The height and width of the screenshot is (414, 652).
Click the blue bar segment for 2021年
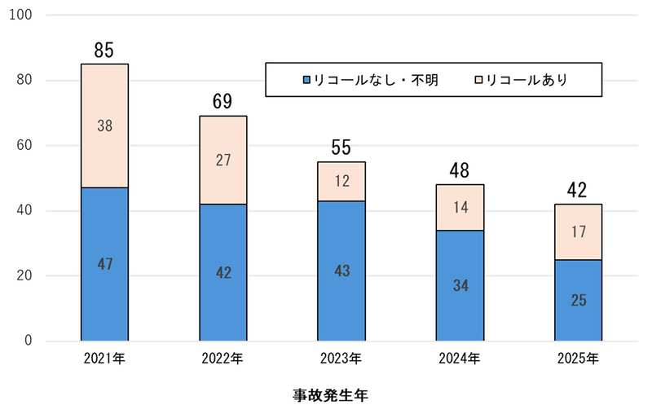tap(104, 263)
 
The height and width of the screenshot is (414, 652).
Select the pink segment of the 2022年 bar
tap(222, 160)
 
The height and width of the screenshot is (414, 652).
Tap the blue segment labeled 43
tap(341, 270)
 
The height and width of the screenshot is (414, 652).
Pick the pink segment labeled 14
tap(460, 207)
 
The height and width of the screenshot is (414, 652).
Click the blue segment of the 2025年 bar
tap(578, 300)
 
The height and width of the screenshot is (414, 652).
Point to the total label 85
tap(104, 51)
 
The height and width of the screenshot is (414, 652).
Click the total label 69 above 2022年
tap(222, 103)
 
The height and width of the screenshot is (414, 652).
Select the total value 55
tap(341, 148)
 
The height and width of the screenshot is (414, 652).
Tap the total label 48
tap(460, 171)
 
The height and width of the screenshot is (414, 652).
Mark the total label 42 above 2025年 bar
tap(578, 191)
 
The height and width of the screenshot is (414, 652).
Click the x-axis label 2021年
tap(104, 359)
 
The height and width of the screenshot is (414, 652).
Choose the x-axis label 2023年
tap(341, 359)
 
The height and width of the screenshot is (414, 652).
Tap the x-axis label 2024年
tap(460, 359)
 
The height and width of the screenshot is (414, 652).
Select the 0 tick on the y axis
tap(29, 341)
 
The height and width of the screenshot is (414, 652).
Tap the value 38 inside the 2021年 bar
tap(104, 126)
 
